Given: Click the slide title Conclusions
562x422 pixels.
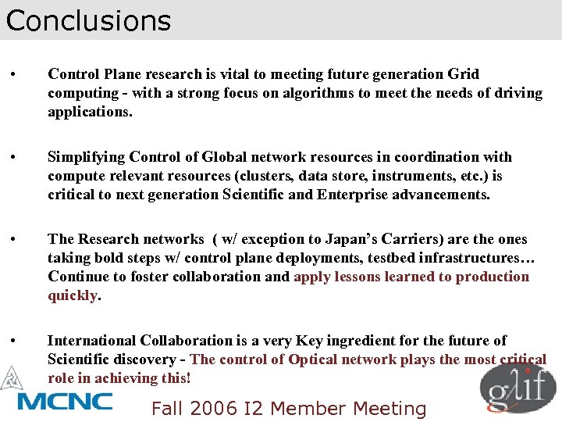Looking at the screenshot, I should pos(88,20).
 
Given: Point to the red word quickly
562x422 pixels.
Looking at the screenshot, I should pos(73,295).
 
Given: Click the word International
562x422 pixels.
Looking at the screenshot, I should pos(92,341).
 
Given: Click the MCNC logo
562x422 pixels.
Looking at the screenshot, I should pos(64,401).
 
